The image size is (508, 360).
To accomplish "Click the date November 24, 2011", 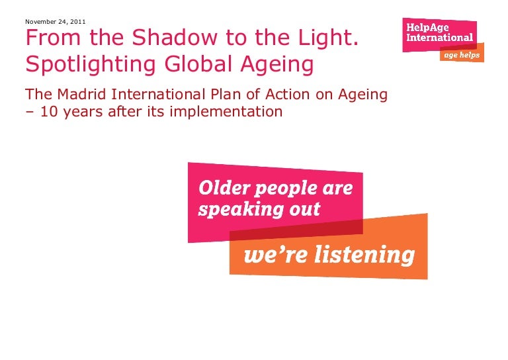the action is tap(56, 22).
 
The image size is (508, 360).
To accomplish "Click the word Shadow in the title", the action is tap(175, 37).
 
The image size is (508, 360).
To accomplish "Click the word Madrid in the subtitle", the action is tap(81, 94).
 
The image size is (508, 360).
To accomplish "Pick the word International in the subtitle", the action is tap(159, 94).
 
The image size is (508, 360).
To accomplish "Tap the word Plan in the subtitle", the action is tap(226, 94).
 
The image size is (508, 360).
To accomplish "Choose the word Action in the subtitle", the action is tap(287, 94).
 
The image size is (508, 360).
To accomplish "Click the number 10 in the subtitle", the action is tap(48, 111).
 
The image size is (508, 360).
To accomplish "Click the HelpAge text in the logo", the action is tap(428, 27).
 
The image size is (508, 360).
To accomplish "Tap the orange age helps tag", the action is tap(462, 54).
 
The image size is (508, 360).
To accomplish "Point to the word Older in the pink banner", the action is tap(224, 188).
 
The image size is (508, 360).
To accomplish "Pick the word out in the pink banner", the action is tap(304, 210).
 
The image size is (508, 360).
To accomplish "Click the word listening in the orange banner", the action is tap(364, 255).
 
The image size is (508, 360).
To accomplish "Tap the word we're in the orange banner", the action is tap(275, 255).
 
